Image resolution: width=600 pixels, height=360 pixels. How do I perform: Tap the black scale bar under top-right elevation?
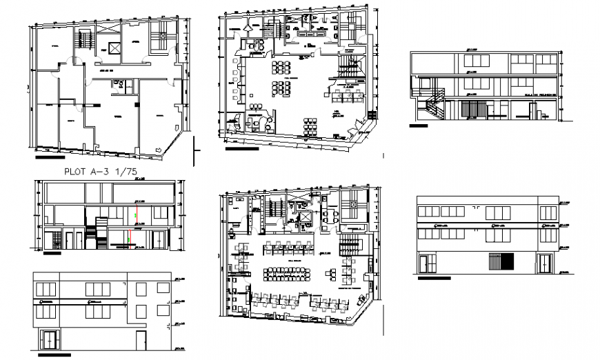pos(418,126)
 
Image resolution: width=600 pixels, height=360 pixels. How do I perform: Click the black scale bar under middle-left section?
pos(51,254)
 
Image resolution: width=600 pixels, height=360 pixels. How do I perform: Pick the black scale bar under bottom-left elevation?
pos(55,357)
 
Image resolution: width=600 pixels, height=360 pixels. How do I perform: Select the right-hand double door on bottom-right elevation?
pos(546,263)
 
